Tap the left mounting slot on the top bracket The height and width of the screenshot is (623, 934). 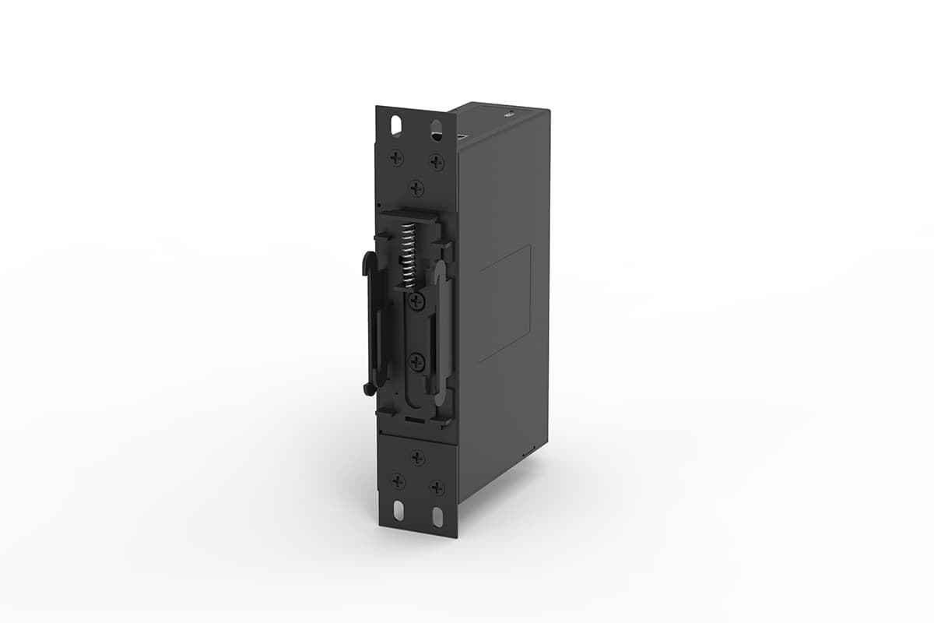pos(396,124)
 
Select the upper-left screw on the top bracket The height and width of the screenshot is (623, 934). pos(396,157)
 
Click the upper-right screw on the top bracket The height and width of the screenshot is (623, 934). pos(437,162)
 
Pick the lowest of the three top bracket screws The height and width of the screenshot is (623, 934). pos(417,188)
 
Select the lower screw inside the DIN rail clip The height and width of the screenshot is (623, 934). pos(417,361)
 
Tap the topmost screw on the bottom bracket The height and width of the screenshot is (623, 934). pos(418,458)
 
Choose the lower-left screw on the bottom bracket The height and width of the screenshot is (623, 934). pos(398,481)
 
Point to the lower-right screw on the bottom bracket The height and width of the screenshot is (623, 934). pos(437,487)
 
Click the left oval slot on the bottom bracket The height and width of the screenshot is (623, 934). pos(398,511)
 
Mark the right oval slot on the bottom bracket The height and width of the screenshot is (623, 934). pos(437,517)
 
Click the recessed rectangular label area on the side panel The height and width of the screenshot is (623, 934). pos(504,304)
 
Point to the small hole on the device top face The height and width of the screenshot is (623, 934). pos(510,113)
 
